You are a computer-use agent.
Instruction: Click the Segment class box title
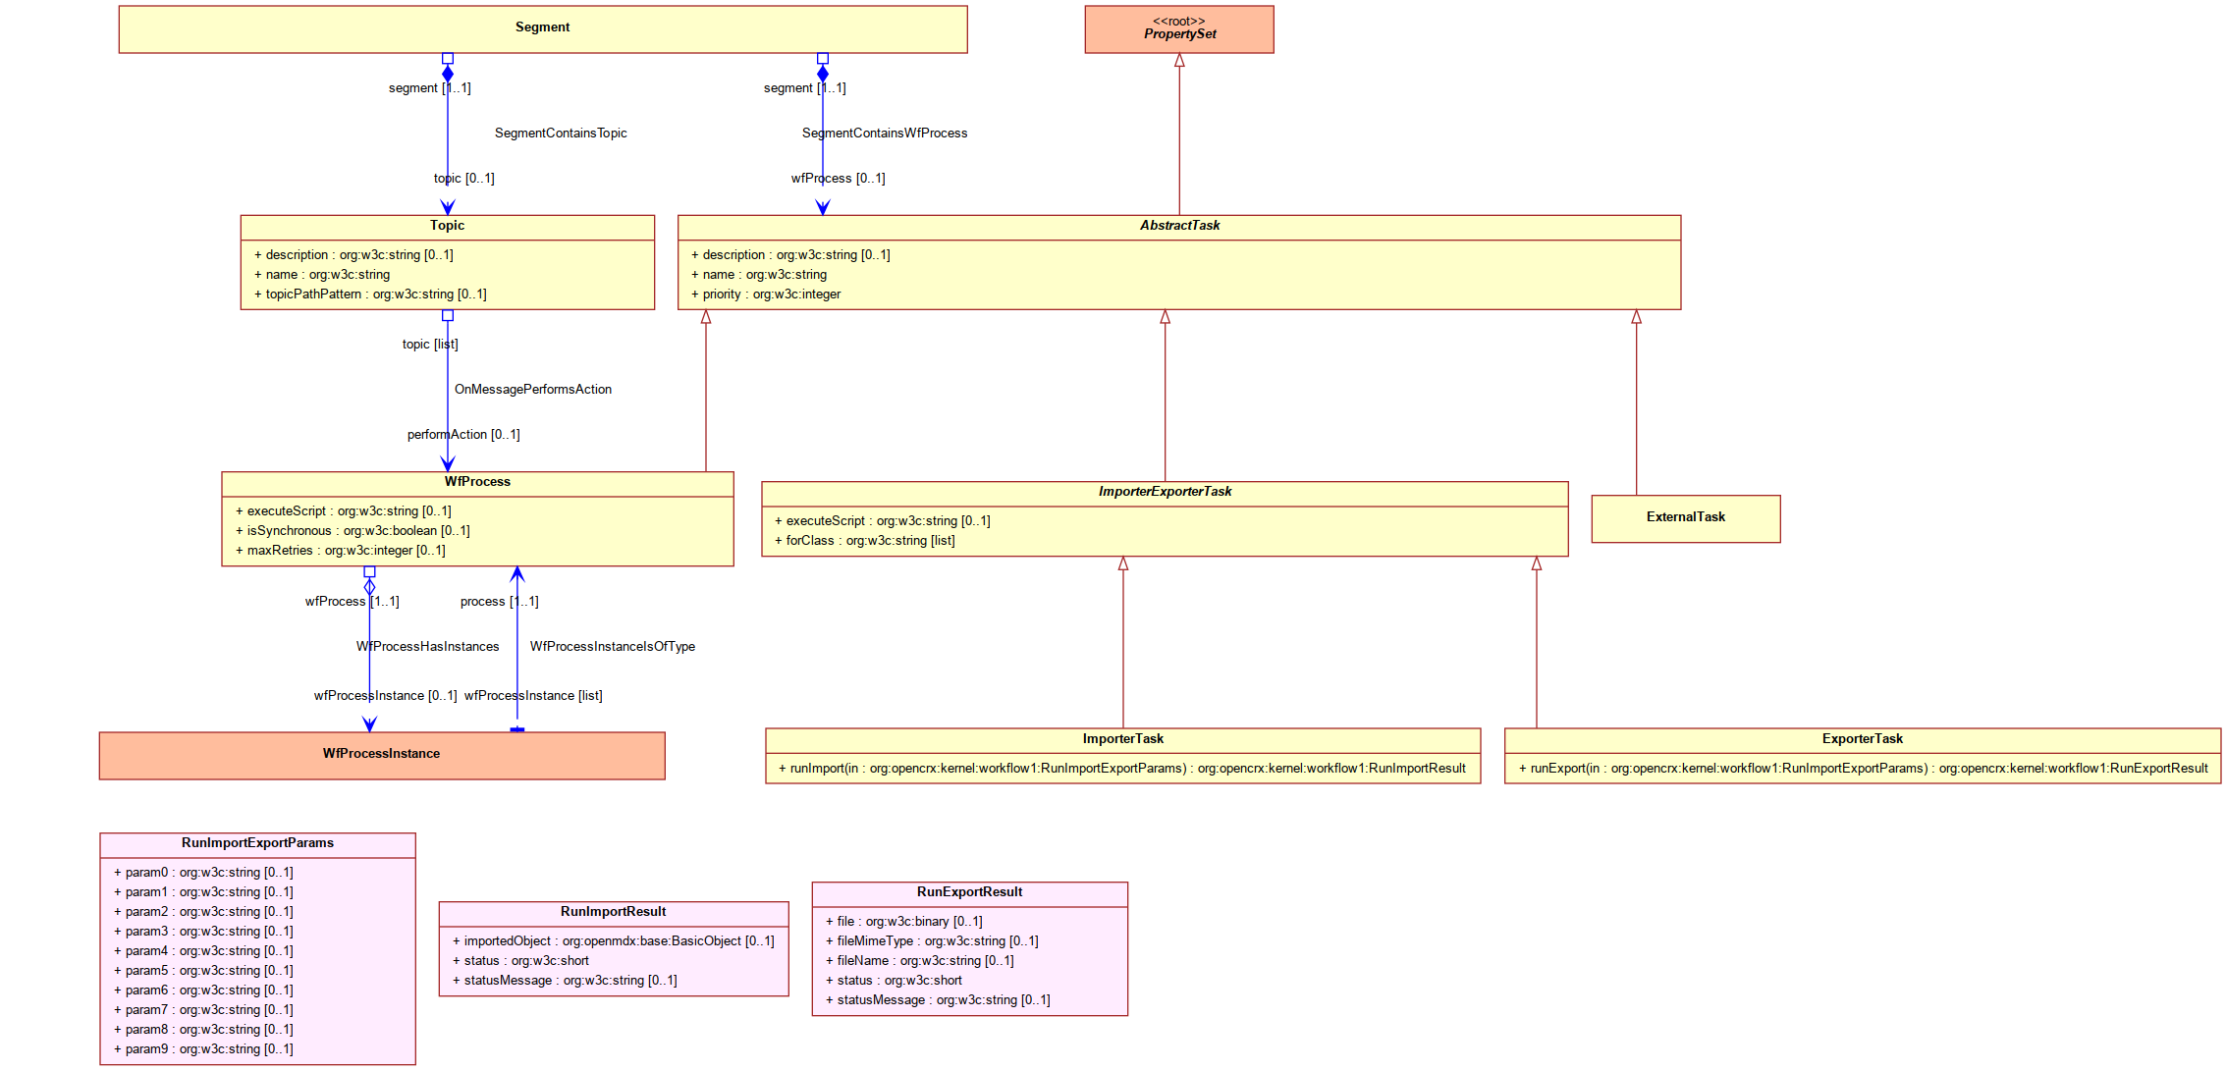[x=542, y=27]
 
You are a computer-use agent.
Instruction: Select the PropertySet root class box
[x=1178, y=29]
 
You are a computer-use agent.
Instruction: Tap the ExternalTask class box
[x=1685, y=518]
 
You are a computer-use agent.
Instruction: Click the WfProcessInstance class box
[x=382, y=755]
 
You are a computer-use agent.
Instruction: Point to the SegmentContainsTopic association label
[x=561, y=134]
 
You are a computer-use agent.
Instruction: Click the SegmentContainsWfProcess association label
[x=885, y=134]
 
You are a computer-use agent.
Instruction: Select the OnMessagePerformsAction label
[x=533, y=390]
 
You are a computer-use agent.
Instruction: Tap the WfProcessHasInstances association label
[x=428, y=647]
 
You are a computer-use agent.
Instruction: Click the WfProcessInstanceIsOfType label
[x=613, y=647]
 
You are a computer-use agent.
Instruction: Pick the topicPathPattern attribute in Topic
[x=370, y=295]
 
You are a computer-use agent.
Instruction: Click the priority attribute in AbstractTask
[x=766, y=295]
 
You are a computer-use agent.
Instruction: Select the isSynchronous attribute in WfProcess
[x=353, y=531]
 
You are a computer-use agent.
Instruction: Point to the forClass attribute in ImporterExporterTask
[x=864, y=541]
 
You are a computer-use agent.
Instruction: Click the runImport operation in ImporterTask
[x=1122, y=769]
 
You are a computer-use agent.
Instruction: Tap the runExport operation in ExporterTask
[x=1863, y=769]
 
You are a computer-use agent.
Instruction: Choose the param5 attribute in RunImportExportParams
[x=203, y=971]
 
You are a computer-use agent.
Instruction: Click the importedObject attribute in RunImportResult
[x=614, y=941]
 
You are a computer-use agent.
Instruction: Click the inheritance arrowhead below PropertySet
[x=1179, y=60]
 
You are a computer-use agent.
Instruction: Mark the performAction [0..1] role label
[x=463, y=435]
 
